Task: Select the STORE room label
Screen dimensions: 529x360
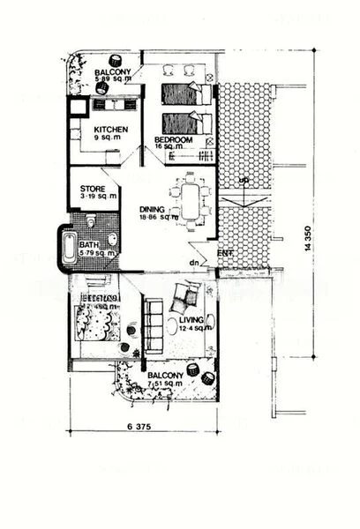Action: [x=94, y=188]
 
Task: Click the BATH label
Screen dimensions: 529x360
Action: [x=88, y=245]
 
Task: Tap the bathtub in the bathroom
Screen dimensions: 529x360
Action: [x=67, y=248]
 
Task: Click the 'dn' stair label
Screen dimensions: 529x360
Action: [x=192, y=263]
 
